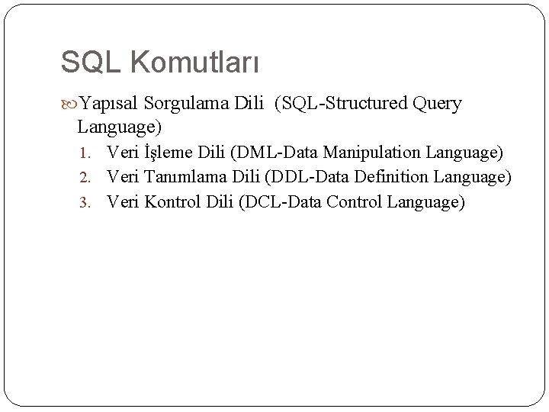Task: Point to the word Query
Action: (x=437, y=104)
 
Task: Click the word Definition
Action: (x=390, y=177)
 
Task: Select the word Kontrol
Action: (x=172, y=201)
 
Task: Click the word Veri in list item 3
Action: (x=122, y=201)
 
